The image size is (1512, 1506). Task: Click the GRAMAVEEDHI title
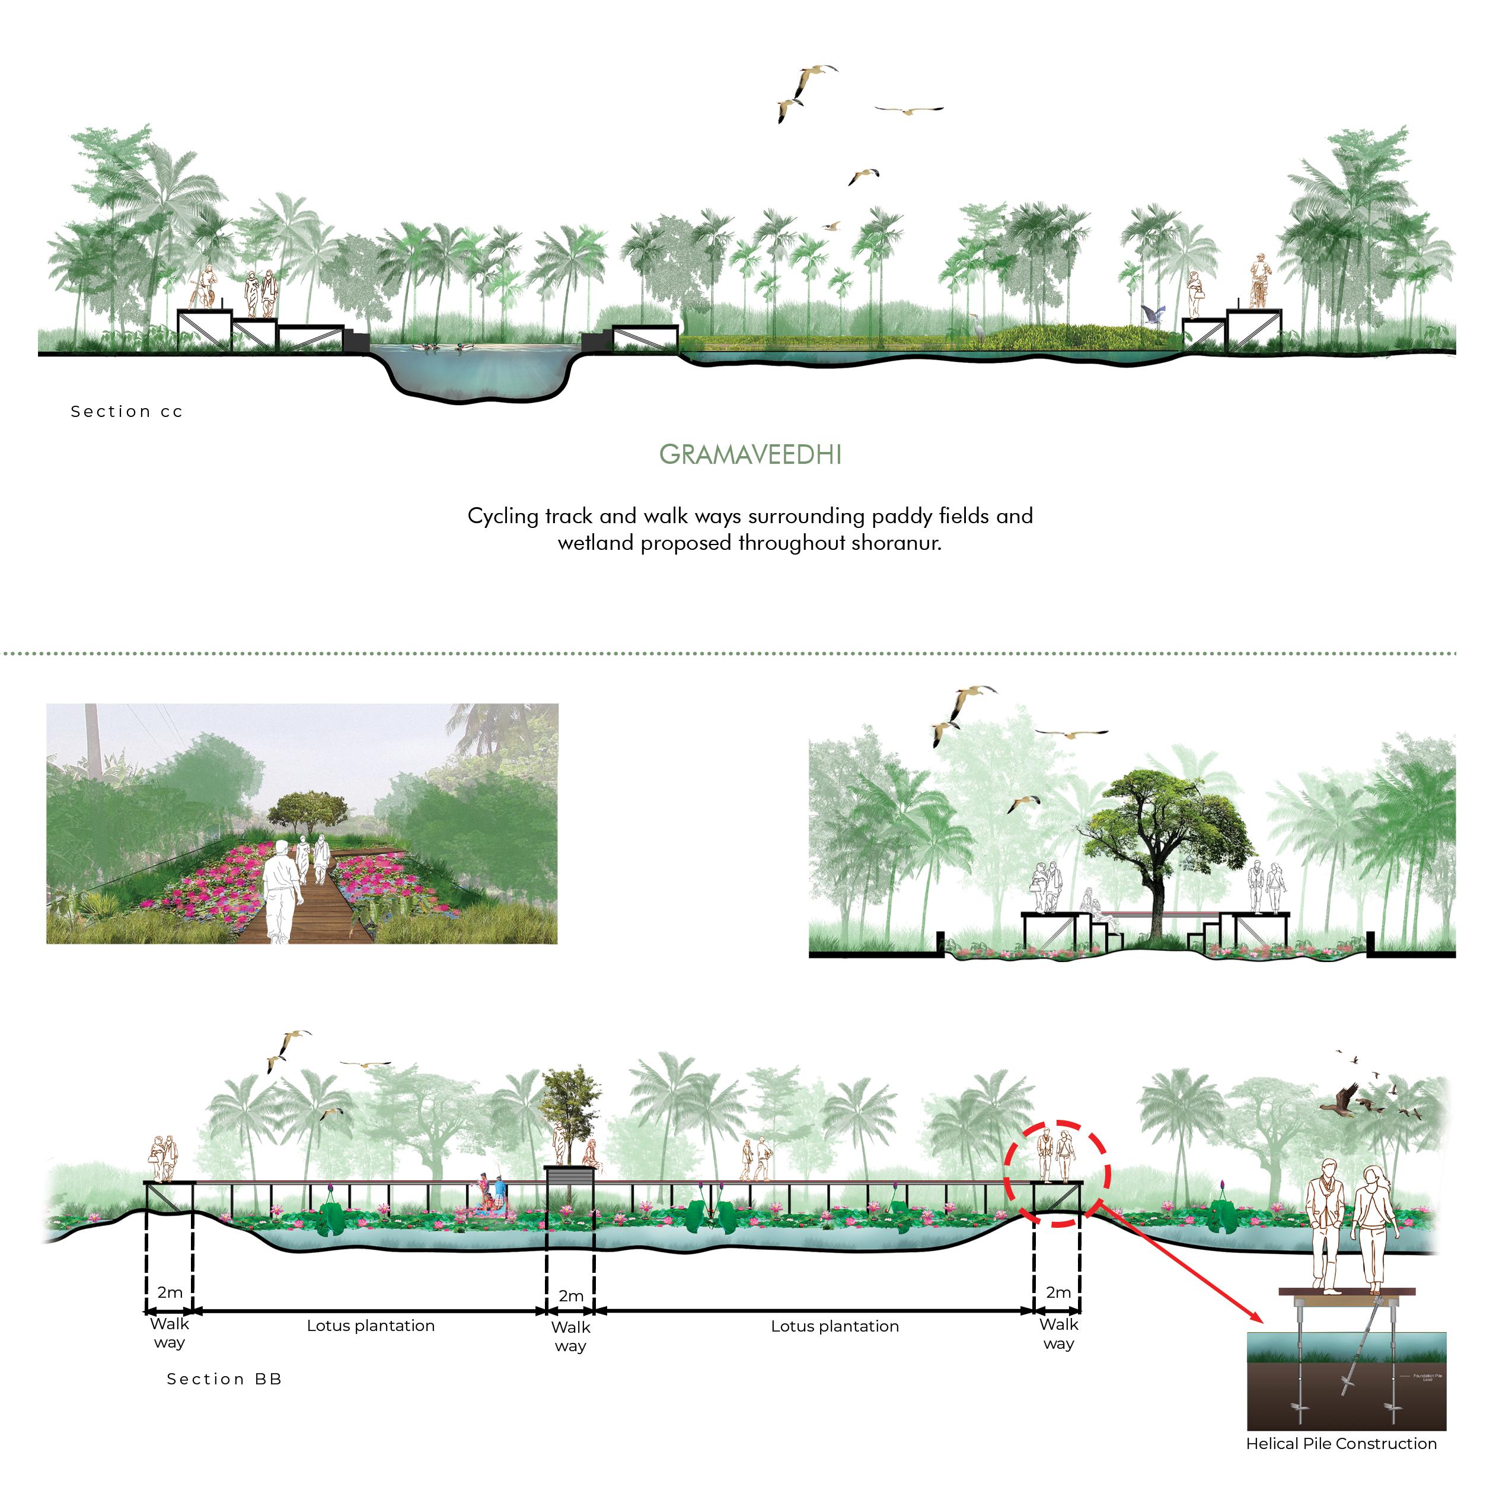coord(749,455)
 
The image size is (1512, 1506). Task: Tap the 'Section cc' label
coord(127,412)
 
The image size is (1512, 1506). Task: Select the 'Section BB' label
coord(224,1379)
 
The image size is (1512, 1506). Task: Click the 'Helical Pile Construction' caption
coord(1341,1443)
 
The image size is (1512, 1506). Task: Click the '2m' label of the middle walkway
coord(570,1296)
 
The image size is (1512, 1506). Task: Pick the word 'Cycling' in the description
coord(502,517)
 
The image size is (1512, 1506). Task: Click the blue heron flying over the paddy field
coord(1151,314)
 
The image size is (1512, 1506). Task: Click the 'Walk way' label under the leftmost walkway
coord(169,1333)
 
